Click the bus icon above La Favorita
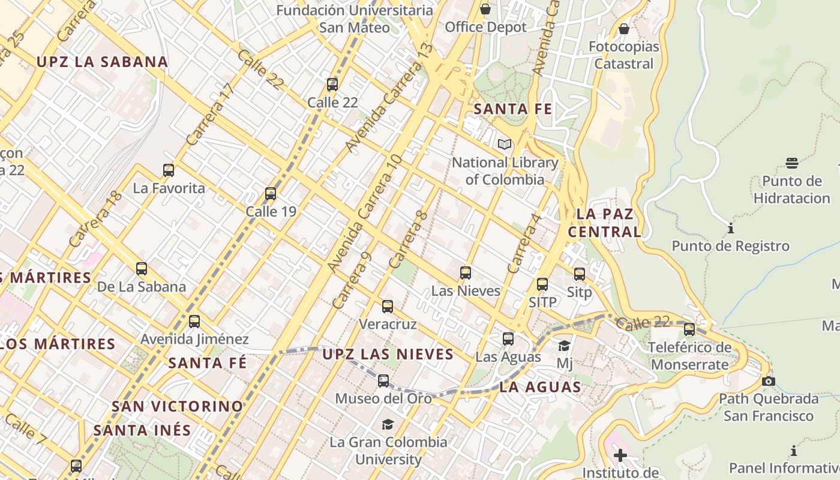tap(169, 170)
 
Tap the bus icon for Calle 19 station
tap(271, 194)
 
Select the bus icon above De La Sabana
tap(142, 269)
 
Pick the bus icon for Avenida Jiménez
tap(194, 322)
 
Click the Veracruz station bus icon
tap(388, 307)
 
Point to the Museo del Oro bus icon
tap(383, 381)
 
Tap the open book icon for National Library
tap(505, 145)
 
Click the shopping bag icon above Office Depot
tap(485, 10)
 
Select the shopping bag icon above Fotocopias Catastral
tap(624, 29)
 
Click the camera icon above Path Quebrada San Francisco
tap(769, 382)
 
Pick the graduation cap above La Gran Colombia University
tap(388, 425)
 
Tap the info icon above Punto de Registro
tap(731, 229)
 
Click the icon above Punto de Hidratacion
tap(792, 163)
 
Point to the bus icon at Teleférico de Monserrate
tap(689, 329)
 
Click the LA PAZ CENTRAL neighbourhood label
tap(605, 223)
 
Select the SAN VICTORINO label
tap(178, 406)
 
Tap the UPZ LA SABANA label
tap(102, 62)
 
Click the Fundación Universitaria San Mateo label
tap(355, 19)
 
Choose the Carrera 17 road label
tap(209, 114)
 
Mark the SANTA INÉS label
tap(142, 430)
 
